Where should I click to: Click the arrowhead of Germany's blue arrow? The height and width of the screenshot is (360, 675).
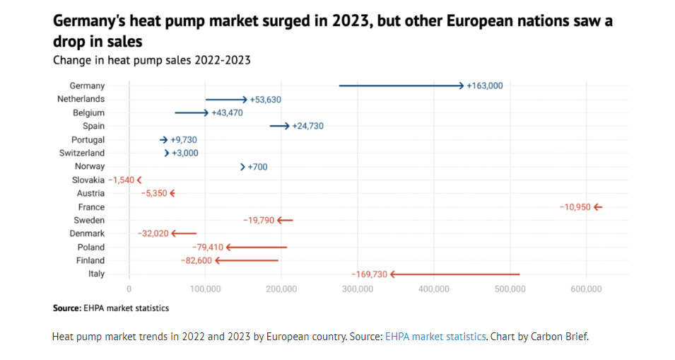click(x=462, y=86)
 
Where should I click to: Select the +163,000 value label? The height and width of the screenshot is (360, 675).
click(x=485, y=86)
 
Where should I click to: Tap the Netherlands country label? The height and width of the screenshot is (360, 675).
click(x=81, y=99)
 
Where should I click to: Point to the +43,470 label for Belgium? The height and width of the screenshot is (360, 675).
click(x=227, y=113)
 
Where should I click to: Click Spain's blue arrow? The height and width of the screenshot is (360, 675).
click(x=280, y=126)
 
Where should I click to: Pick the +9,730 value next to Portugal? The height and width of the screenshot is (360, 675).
click(x=184, y=140)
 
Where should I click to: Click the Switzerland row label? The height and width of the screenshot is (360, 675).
click(x=82, y=153)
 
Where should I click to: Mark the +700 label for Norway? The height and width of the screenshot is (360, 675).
click(x=257, y=167)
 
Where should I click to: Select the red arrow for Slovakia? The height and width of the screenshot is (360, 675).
click(x=139, y=180)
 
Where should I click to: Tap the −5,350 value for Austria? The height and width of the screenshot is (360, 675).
click(x=154, y=193)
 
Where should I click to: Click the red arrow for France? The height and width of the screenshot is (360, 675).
click(x=598, y=207)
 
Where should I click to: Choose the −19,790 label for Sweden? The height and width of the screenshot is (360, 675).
click(x=259, y=221)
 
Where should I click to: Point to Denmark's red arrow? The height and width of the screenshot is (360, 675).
click(x=184, y=233)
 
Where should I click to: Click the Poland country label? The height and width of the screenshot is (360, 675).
click(x=91, y=247)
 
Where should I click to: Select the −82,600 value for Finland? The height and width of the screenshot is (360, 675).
click(x=196, y=260)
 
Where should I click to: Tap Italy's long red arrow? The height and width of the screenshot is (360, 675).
click(x=454, y=274)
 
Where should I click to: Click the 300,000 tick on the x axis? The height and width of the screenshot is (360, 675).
click(x=358, y=289)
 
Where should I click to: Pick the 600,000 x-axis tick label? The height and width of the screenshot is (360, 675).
click(x=587, y=289)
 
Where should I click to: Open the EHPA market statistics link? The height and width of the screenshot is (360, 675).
click(x=435, y=337)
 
